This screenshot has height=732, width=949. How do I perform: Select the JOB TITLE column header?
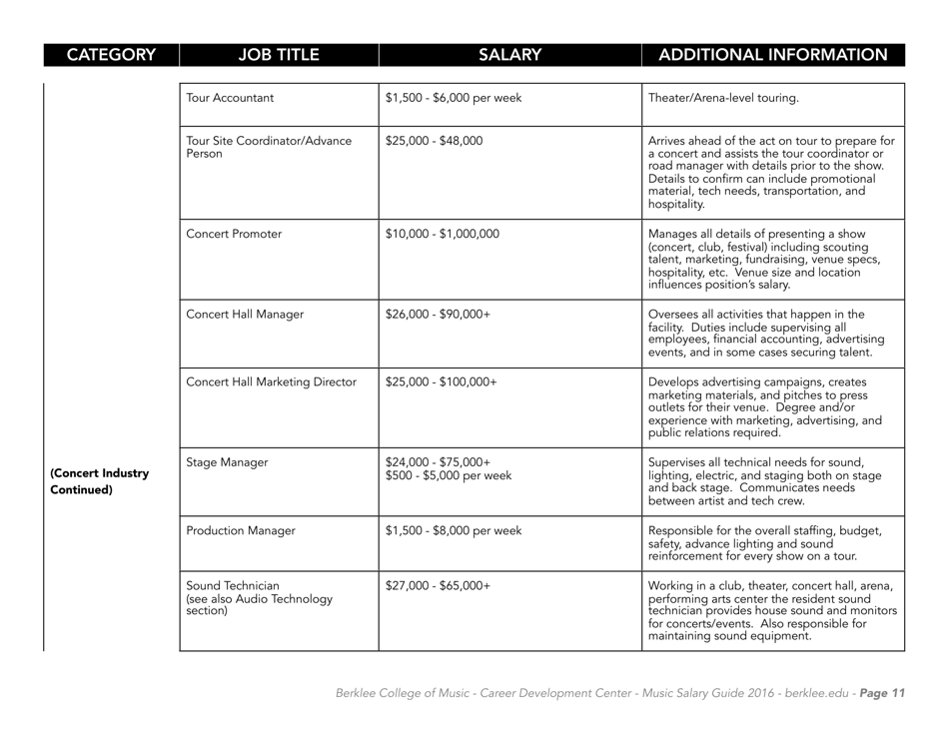(x=279, y=54)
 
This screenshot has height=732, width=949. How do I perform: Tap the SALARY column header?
(x=509, y=54)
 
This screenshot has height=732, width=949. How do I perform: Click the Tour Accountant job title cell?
(x=231, y=98)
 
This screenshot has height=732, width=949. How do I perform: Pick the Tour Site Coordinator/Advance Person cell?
(x=269, y=149)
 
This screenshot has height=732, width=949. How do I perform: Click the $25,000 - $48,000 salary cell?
(x=434, y=141)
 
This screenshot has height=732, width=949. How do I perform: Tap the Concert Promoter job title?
(x=235, y=235)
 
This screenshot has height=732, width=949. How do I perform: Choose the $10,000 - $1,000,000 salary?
(x=442, y=235)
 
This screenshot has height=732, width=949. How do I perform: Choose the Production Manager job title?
(x=241, y=531)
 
